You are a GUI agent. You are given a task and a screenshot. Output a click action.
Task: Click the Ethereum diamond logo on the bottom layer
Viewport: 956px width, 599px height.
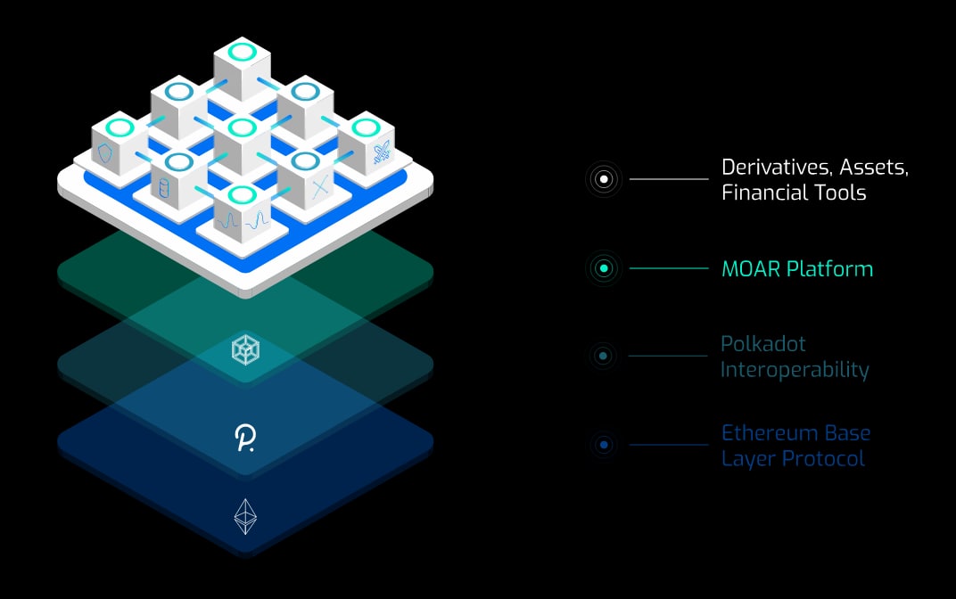point(245,516)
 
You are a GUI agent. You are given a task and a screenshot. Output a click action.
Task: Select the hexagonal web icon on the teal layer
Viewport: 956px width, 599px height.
point(245,349)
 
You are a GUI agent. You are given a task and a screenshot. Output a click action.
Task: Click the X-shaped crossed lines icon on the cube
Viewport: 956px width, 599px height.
point(320,189)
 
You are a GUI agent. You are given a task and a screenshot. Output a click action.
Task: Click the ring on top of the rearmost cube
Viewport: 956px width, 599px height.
point(243,51)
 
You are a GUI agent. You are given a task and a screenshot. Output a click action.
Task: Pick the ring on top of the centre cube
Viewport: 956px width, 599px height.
point(243,127)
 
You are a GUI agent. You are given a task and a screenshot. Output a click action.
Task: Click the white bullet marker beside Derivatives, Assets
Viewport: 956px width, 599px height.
point(605,179)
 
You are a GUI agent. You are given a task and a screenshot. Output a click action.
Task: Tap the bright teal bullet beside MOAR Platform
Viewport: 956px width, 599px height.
point(605,268)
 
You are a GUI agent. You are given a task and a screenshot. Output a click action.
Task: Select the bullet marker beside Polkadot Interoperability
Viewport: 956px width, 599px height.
point(605,357)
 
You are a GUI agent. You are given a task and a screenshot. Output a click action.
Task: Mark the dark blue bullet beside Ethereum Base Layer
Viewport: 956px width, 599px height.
point(605,445)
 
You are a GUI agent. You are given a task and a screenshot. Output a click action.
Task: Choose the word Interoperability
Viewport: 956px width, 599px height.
point(795,369)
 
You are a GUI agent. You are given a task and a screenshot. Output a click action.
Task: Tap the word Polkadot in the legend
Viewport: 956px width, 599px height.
point(763,344)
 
